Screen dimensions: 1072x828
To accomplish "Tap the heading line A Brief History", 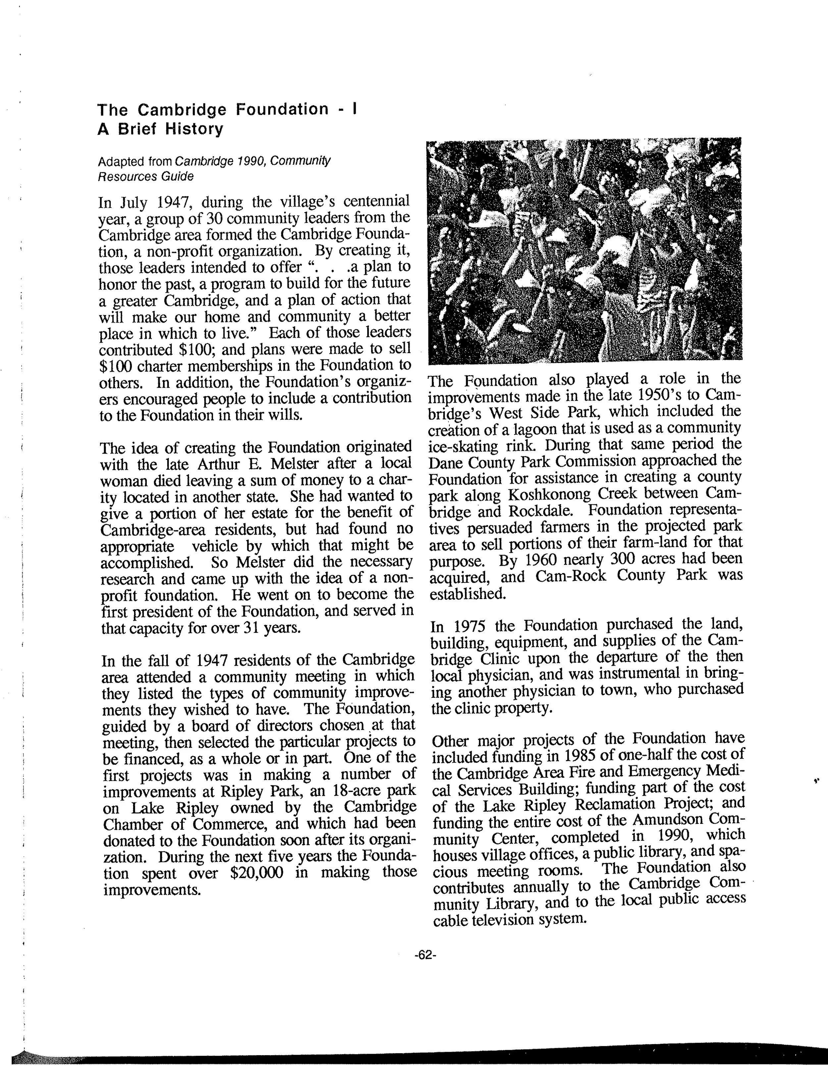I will [160, 129].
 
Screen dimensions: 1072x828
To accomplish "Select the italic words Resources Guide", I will [146, 176].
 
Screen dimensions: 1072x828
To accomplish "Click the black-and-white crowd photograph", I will [584, 250].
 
